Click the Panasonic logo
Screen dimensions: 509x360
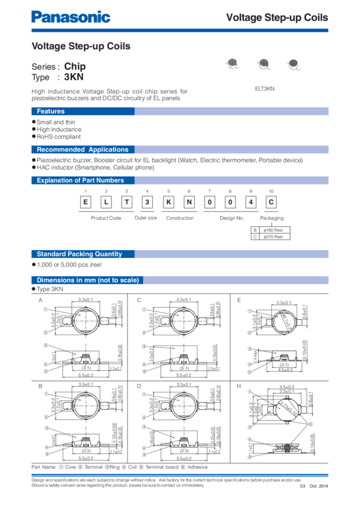[71, 17]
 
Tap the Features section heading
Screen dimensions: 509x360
[50, 111]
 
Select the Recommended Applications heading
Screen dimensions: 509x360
[82, 150]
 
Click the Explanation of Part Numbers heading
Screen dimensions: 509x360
[80, 180]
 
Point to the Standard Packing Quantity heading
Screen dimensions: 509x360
[79, 254]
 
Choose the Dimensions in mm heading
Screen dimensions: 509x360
[87, 280]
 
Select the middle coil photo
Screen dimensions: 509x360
[262, 63]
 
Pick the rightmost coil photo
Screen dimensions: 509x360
[292, 63]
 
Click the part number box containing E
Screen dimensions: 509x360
[86, 201]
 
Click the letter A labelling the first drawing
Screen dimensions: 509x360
[41, 299]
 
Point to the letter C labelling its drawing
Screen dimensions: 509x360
[138, 299]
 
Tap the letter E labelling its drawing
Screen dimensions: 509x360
[238, 299]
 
